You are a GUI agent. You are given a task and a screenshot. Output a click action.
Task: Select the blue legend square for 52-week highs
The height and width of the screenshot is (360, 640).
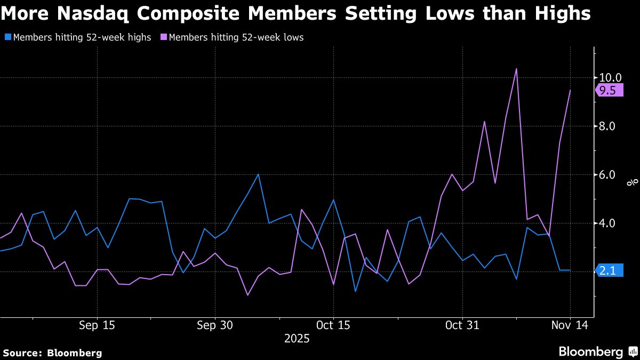7,38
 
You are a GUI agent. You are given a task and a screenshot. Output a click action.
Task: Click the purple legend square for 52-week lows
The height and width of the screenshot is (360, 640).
163,38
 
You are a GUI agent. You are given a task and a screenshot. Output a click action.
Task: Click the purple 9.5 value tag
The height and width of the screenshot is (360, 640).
609,91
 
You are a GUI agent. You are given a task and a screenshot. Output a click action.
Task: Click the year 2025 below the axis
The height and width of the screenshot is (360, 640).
297,339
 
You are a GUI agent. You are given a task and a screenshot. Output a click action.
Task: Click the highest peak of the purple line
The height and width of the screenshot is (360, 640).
516,69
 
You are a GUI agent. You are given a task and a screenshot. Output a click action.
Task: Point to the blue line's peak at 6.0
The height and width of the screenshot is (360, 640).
258,174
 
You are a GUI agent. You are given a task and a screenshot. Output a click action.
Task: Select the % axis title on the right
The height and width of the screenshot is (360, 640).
633,182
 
